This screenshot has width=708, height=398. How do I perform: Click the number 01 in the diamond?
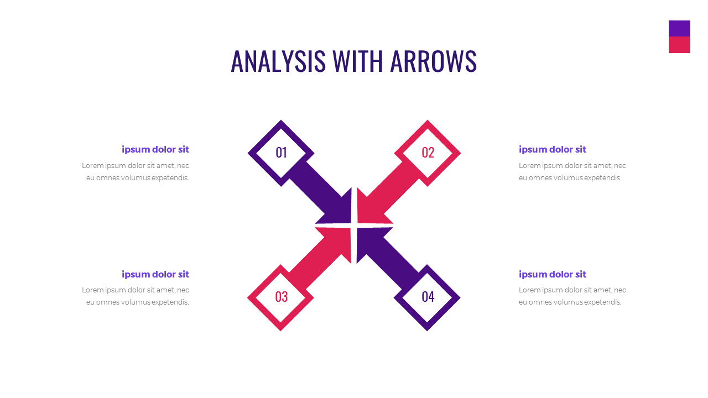point(281,153)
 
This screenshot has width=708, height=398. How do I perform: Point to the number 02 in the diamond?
point(428,153)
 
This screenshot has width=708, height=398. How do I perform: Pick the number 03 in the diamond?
point(281,297)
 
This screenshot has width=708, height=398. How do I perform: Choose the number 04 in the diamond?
point(428,297)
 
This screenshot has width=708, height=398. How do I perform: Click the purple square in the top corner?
point(679,29)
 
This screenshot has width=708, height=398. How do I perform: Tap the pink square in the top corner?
point(679,45)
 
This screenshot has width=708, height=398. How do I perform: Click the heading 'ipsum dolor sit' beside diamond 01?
point(155,149)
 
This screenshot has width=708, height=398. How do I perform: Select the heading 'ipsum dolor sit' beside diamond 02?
point(552,149)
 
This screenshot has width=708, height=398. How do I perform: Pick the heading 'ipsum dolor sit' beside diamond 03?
point(155,274)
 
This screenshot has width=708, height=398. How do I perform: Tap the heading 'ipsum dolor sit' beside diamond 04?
point(552,274)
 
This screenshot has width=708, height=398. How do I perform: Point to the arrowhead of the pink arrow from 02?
point(369,212)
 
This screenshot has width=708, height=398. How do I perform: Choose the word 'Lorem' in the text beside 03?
point(92,290)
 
